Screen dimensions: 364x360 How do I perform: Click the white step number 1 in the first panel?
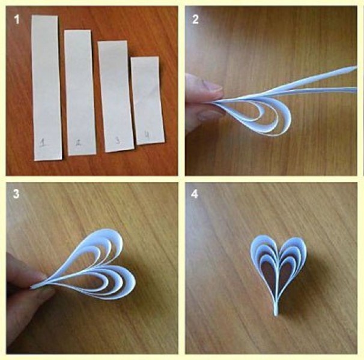[17, 19]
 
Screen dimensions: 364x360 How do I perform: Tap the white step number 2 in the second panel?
[195, 19]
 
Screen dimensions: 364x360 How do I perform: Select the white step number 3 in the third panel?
[16, 194]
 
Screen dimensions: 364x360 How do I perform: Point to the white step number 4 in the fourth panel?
[195, 194]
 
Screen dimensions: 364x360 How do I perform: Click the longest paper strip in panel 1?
[46, 88]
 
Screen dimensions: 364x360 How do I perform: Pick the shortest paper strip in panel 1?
[148, 100]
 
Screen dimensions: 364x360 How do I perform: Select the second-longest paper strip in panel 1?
[80, 92]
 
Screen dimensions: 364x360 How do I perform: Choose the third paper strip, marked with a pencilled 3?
[115, 96]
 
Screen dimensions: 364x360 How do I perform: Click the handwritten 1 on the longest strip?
[43, 142]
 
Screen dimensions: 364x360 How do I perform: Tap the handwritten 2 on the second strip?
[79, 143]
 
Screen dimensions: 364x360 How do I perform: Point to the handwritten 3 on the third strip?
[118, 140]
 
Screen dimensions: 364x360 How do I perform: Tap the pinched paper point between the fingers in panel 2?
[214, 101]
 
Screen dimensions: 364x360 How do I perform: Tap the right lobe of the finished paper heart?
[293, 255]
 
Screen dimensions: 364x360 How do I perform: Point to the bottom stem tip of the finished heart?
[276, 314]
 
